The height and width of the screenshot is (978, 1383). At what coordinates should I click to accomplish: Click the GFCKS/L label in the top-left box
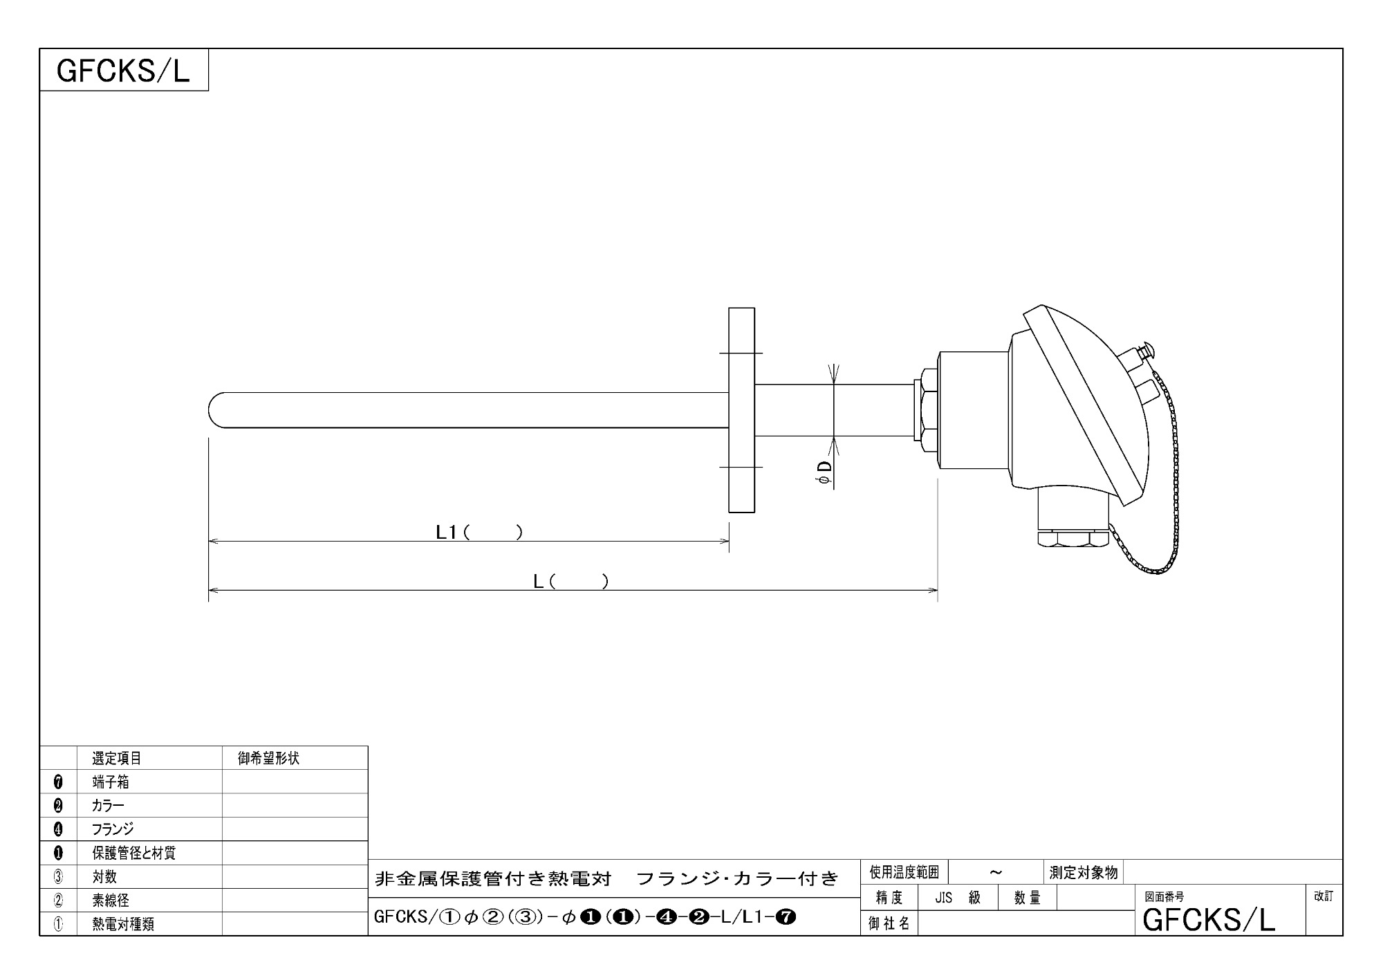pyautogui.click(x=123, y=71)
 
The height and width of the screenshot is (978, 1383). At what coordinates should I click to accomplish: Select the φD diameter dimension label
pyautogui.click(x=825, y=472)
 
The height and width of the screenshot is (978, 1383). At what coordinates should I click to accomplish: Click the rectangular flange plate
pyautogui.click(x=741, y=410)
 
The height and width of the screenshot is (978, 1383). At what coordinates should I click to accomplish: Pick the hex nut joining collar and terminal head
pyautogui.click(x=927, y=411)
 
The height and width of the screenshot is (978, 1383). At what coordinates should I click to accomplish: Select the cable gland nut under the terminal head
pyautogui.click(x=1072, y=539)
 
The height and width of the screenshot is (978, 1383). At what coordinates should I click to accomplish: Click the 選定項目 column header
pyautogui.click(x=117, y=758)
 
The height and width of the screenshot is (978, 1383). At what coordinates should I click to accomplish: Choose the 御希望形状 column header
pyautogui.click(x=268, y=758)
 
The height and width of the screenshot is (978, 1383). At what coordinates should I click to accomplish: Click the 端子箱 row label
pyautogui.click(x=111, y=782)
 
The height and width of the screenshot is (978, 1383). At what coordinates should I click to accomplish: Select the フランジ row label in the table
pyautogui.click(x=113, y=829)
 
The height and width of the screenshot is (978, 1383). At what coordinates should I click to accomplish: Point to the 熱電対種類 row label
pyautogui.click(x=123, y=923)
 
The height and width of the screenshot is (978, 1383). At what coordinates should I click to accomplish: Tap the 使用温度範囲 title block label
pyautogui.click(x=904, y=872)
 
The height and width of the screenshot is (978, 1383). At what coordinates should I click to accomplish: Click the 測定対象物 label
pyautogui.click(x=1083, y=872)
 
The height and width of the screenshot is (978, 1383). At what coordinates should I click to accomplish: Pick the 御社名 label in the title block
pyautogui.click(x=889, y=923)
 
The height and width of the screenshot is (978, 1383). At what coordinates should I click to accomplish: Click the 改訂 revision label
pyautogui.click(x=1324, y=896)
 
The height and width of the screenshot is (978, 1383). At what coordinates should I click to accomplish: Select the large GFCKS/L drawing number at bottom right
pyautogui.click(x=1209, y=920)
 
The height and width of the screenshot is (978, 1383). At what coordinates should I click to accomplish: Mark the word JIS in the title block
pyautogui.click(x=944, y=898)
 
